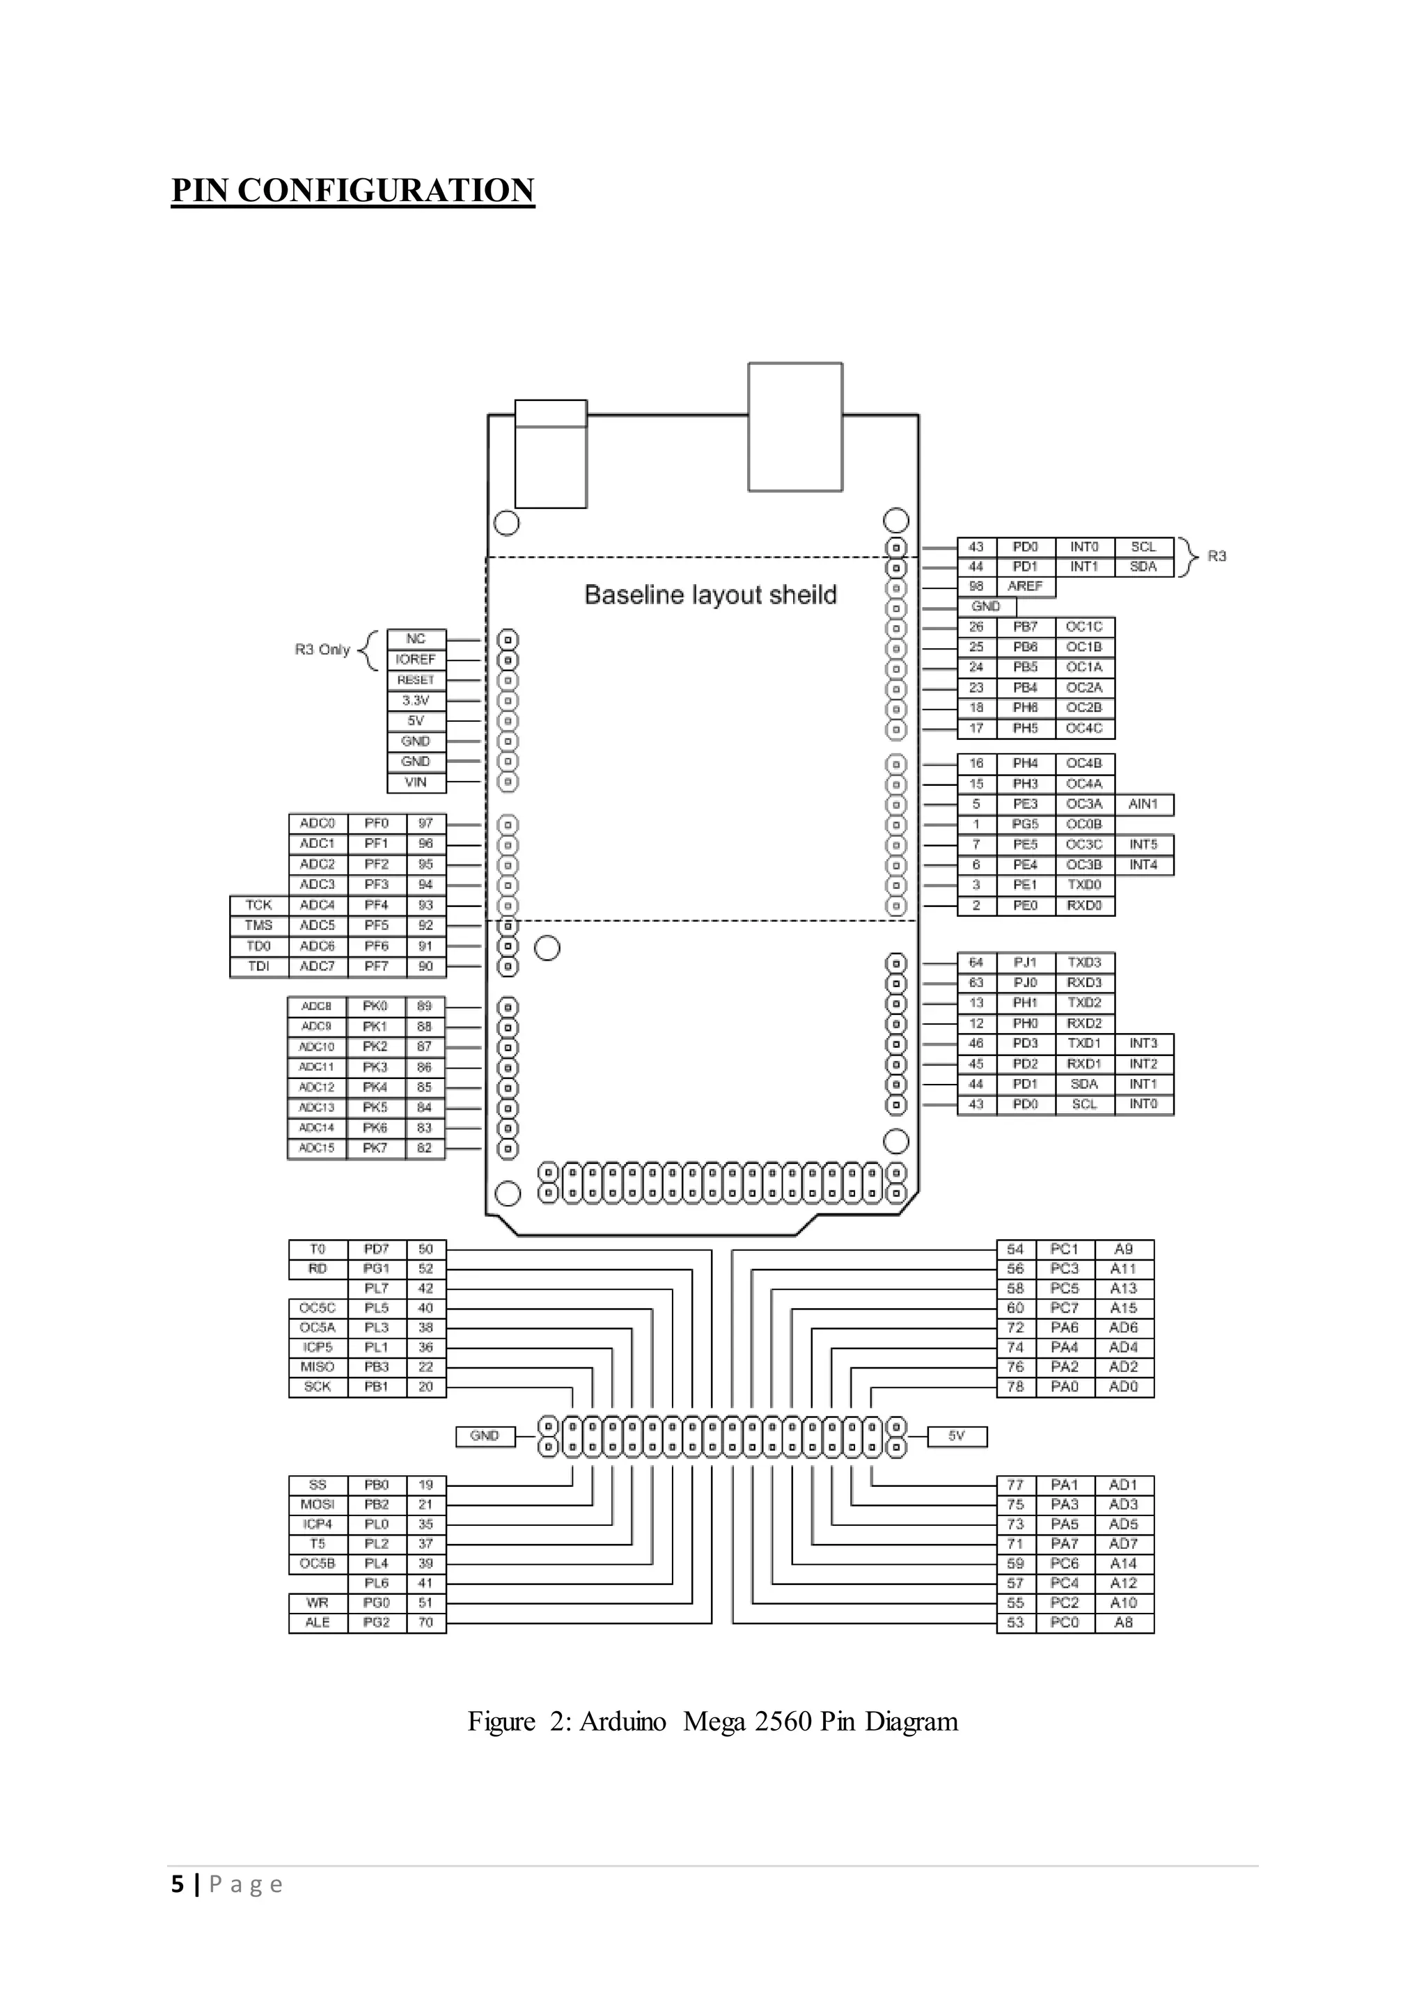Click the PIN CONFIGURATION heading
[352, 191]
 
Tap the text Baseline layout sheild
[710, 594]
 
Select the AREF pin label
[1025, 585]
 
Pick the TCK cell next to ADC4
[258, 905]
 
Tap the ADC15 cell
[316, 1149]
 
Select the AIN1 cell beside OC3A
[1143, 804]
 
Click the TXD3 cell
[1084, 962]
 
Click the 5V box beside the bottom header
[956, 1435]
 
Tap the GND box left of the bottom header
[485, 1435]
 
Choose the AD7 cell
[1123, 1543]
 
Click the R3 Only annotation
[322, 649]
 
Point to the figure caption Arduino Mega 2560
[712, 1721]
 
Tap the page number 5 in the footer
[178, 1884]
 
